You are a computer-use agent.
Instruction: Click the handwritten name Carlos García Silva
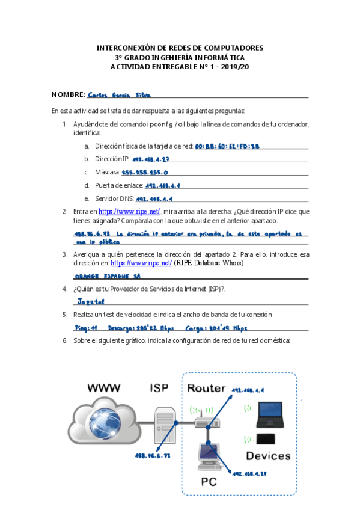pyautogui.click(x=119, y=95)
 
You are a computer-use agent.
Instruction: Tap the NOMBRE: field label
pyautogui.click(x=68, y=95)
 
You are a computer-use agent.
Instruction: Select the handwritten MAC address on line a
pyautogui.click(x=227, y=146)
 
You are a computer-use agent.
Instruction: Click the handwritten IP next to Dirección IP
pyautogui.click(x=151, y=159)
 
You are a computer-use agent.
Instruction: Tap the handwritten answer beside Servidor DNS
pyautogui.click(x=154, y=198)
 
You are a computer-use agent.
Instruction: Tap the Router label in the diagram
pyautogui.click(x=207, y=388)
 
